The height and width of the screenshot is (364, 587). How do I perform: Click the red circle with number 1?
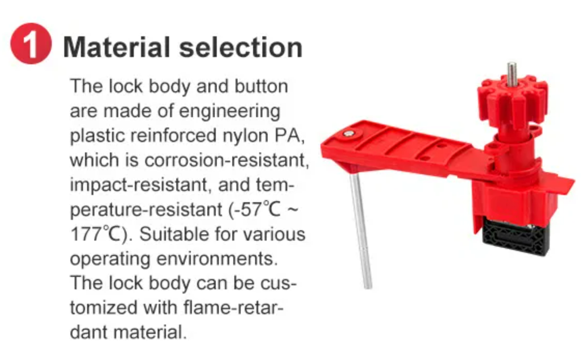tap(31, 44)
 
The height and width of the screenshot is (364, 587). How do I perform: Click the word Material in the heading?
tap(117, 48)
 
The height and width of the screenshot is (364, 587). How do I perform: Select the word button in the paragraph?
tap(261, 86)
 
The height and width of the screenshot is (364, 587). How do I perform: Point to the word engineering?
tap(230, 111)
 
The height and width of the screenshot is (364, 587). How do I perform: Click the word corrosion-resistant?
tap(227, 160)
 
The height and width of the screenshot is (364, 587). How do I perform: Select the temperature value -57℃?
tap(255, 209)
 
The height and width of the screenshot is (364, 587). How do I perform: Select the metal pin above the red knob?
tap(512, 73)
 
